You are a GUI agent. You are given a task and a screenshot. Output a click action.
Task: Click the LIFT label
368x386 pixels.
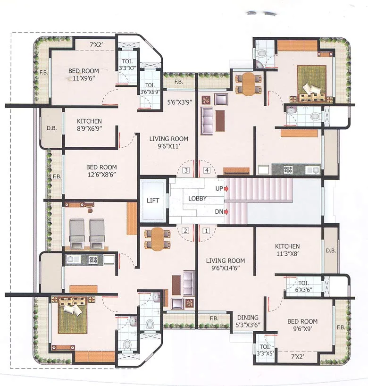click(153, 201)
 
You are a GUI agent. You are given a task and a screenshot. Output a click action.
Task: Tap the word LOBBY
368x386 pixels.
click(197, 199)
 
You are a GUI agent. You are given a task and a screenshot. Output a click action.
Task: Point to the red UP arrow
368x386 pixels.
click(227, 189)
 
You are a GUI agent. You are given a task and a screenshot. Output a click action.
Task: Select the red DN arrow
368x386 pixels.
click(227, 212)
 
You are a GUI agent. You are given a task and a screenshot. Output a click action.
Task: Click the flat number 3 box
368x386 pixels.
click(186, 170)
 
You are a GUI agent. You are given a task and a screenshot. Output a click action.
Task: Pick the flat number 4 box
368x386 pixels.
click(206, 170)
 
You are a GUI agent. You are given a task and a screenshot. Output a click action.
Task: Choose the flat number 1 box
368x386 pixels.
click(206, 231)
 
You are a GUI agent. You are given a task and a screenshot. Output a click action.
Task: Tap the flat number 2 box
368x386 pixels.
click(186, 231)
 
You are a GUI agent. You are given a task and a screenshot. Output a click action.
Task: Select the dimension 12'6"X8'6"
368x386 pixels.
click(101, 175)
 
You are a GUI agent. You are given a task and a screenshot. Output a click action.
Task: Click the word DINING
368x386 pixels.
click(248, 318)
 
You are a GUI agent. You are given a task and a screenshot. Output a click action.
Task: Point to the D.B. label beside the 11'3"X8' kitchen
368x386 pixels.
click(330, 251)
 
